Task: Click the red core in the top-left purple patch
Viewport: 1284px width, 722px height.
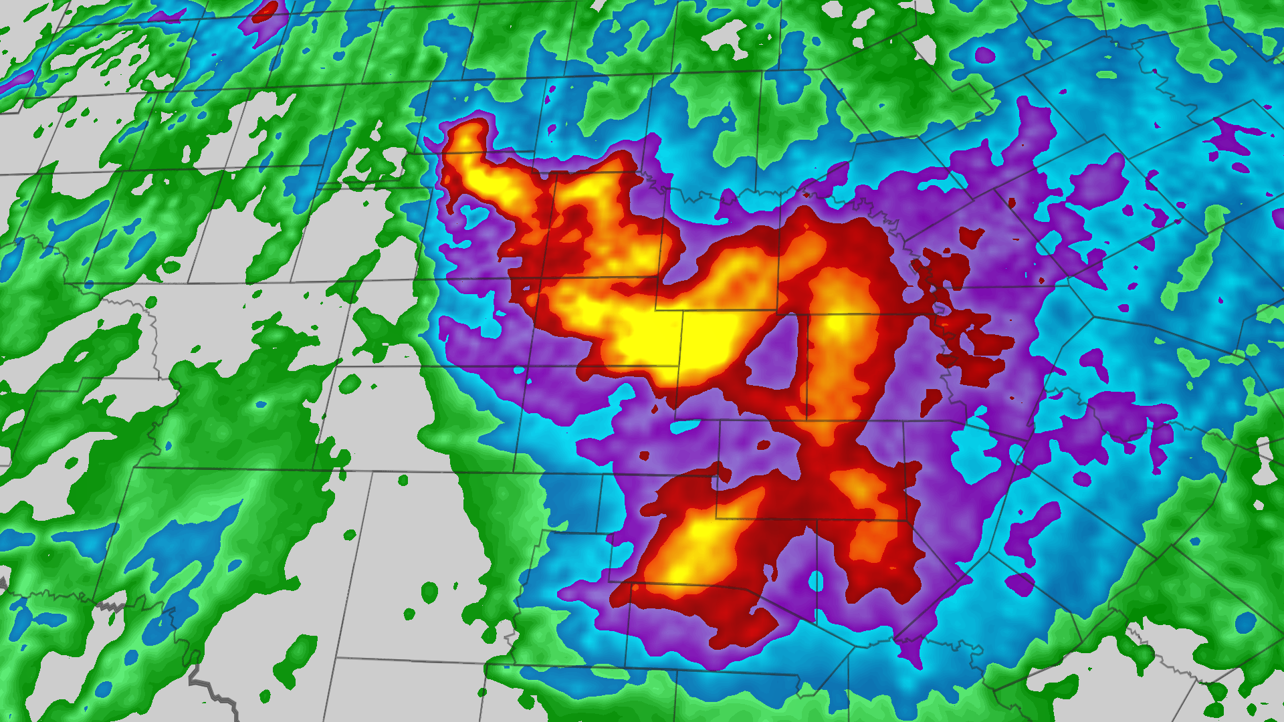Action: [x=266, y=9]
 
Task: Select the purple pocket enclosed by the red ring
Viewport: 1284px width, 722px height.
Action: [x=776, y=354]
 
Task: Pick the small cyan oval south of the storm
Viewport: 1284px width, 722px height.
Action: [x=816, y=582]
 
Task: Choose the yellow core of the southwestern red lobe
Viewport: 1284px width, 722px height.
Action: [x=695, y=541]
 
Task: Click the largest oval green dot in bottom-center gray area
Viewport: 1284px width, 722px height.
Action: [x=429, y=592]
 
